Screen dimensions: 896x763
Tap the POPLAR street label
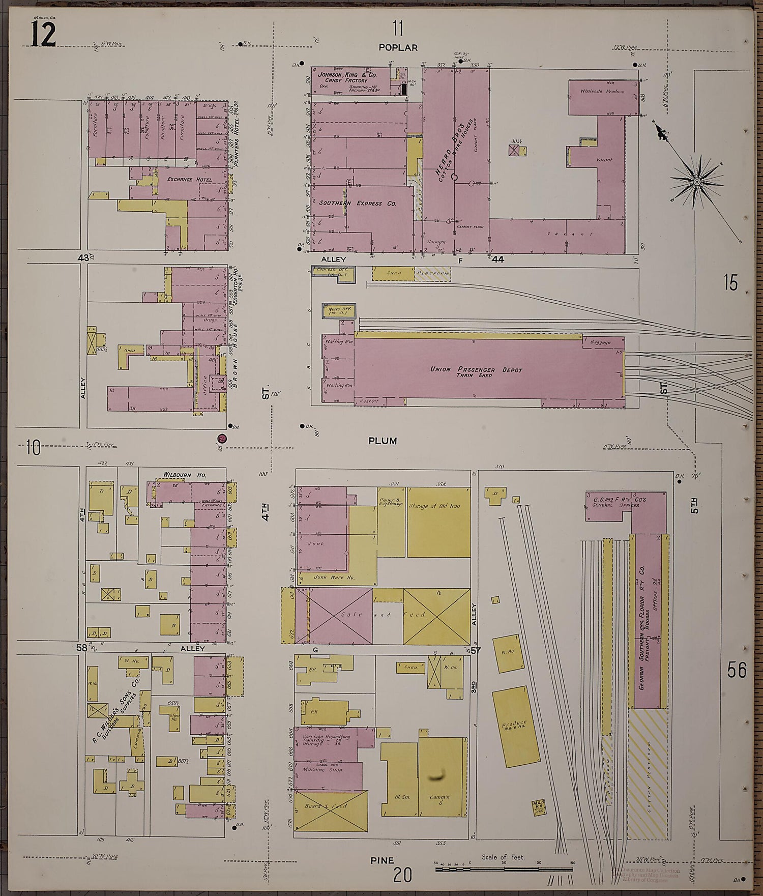pyautogui.click(x=398, y=47)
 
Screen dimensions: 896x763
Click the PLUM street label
pyautogui.click(x=383, y=441)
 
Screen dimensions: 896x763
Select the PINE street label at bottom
pyautogui.click(x=382, y=860)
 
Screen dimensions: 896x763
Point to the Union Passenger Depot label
pyautogui.click(x=476, y=370)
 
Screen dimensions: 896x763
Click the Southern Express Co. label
pyautogui.click(x=358, y=203)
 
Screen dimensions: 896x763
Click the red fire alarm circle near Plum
pyautogui.click(x=221, y=438)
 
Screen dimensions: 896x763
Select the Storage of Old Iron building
pyautogui.click(x=438, y=523)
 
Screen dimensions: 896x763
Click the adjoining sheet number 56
pyautogui.click(x=736, y=671)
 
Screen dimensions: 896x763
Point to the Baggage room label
pyautogui.click(x=600, y=342)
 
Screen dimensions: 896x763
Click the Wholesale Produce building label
pyautogui.click(x=602, y=91)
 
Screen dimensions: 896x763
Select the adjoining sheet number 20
pyautogui.click(x=402, y=875)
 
